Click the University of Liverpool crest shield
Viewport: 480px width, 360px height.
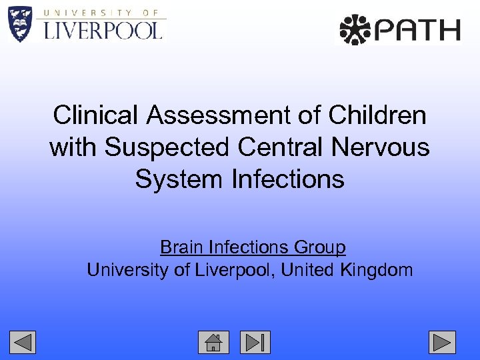20,23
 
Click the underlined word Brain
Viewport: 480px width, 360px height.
181,248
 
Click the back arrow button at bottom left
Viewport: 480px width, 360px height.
22,342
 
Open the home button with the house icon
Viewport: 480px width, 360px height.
213,342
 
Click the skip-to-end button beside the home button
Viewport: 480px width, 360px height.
255,342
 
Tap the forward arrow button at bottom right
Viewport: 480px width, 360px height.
442,342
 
